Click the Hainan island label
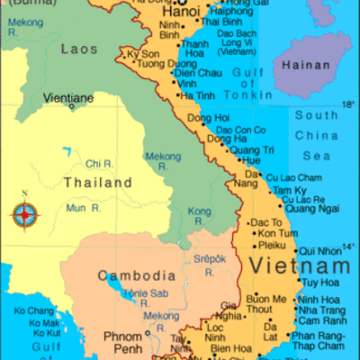(x=306, y=65)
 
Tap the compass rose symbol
(x=25, y=213)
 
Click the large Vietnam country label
(x=300, y=266)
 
